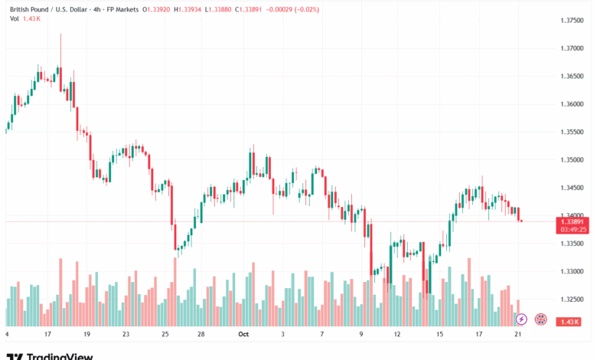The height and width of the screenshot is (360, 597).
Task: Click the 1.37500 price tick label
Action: pos(573,20)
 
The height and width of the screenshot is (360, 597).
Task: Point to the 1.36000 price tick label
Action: pos(573,103)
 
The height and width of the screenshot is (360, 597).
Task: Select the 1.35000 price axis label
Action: pos(573,159)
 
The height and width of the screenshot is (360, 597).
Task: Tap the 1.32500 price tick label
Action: pos(573,299)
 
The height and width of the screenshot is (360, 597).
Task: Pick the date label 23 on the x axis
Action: pos(126,335)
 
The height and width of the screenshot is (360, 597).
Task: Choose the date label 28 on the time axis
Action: pos(201,335)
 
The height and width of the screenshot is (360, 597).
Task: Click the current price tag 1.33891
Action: pos(573,221)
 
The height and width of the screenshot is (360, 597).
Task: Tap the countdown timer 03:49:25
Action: pos(573,228)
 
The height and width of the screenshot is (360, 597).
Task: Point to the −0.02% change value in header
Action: pos(304,9)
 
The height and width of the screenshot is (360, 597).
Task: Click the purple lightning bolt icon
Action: pos(521,319)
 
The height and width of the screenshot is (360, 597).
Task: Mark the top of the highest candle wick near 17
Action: pos(60,34)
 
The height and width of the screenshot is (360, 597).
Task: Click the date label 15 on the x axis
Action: pos(439,335)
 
